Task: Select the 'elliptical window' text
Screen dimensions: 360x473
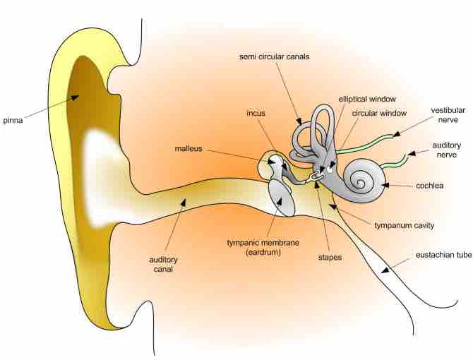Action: click(367, 100)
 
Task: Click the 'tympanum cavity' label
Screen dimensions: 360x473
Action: click(404, 225)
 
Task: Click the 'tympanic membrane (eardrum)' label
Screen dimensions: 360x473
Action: click(263, 247)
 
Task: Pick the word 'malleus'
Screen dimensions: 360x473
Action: click(189, 148)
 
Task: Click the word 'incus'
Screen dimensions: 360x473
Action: click(256, 113)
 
